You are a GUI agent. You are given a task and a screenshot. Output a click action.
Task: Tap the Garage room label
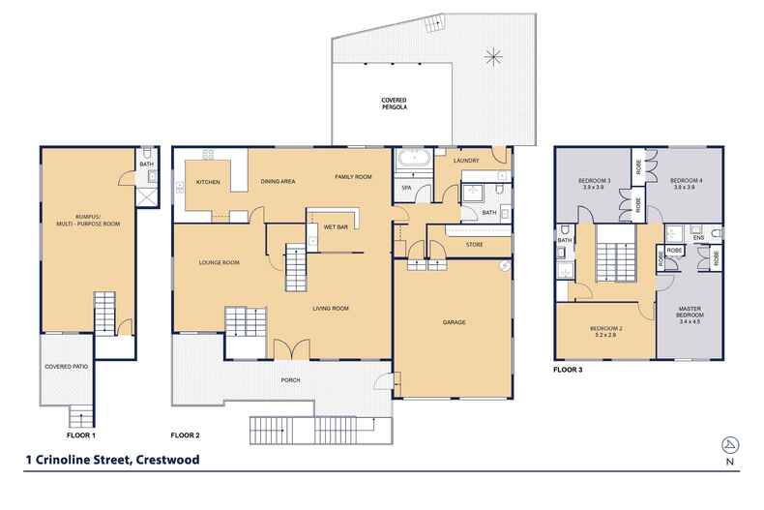coord(455,321)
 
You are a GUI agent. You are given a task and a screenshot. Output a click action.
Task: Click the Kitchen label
coord(209,182)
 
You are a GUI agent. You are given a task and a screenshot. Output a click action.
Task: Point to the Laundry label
coord(466,160)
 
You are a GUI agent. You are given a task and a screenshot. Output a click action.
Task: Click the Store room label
coord(474,244)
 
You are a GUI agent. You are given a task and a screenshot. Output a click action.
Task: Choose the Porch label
coord(290,380)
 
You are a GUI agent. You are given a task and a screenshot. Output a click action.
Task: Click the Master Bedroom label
coord(690,314)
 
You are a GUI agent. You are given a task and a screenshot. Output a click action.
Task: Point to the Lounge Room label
coord(219,262)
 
